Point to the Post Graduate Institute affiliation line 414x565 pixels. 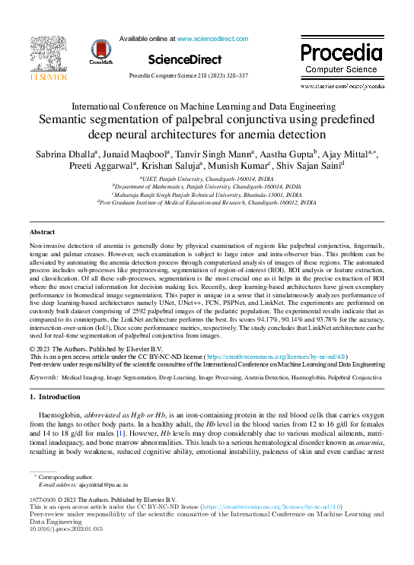point(206,204)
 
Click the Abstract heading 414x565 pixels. point(42,231)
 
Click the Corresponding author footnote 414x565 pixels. point(66,476)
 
